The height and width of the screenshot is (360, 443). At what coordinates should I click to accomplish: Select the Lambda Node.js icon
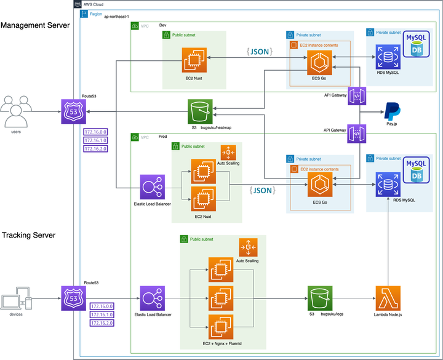[x=388, y=298]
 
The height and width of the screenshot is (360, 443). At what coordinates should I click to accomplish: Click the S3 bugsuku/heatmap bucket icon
[x=200, y=112]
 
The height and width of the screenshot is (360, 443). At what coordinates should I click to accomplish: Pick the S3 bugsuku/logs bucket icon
[x=320, y=298]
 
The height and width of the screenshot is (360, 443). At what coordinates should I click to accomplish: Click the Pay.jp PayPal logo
[x=392, y=111]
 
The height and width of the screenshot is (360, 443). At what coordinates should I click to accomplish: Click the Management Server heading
[x=35, y=25]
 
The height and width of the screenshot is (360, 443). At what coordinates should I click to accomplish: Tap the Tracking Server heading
[x=29, y=235]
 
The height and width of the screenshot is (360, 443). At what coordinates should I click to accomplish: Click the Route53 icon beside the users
[x=73, y=111]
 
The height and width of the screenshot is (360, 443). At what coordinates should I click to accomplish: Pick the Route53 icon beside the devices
[x=73, y=298]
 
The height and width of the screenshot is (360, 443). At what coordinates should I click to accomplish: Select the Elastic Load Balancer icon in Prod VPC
[x=152, y=186]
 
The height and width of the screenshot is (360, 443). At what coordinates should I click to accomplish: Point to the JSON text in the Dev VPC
[x=257, y=52]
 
